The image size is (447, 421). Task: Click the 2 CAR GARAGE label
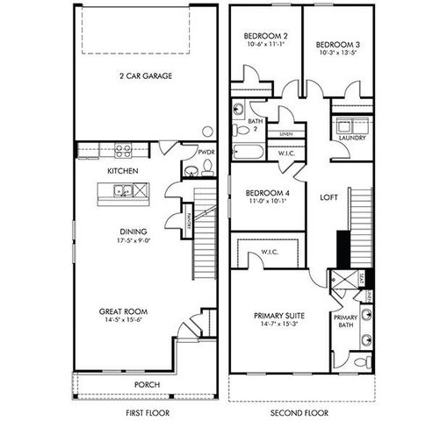pos(146,76)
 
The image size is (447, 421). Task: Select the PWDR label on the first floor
pos(205,152)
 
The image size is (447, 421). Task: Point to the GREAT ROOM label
pos(122,310)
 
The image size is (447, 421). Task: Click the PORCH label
pos(147,384)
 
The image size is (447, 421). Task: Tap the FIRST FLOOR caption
pos(147,411)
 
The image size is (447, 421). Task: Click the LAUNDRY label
pos(352,138)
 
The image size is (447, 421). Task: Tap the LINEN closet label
pos(285,134)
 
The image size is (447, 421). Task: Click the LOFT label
pos(328,197)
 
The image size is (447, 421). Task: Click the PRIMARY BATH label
pos(345,322)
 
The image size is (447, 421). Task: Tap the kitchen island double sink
pos(120,191)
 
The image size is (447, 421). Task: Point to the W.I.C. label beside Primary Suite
pos(270,253)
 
